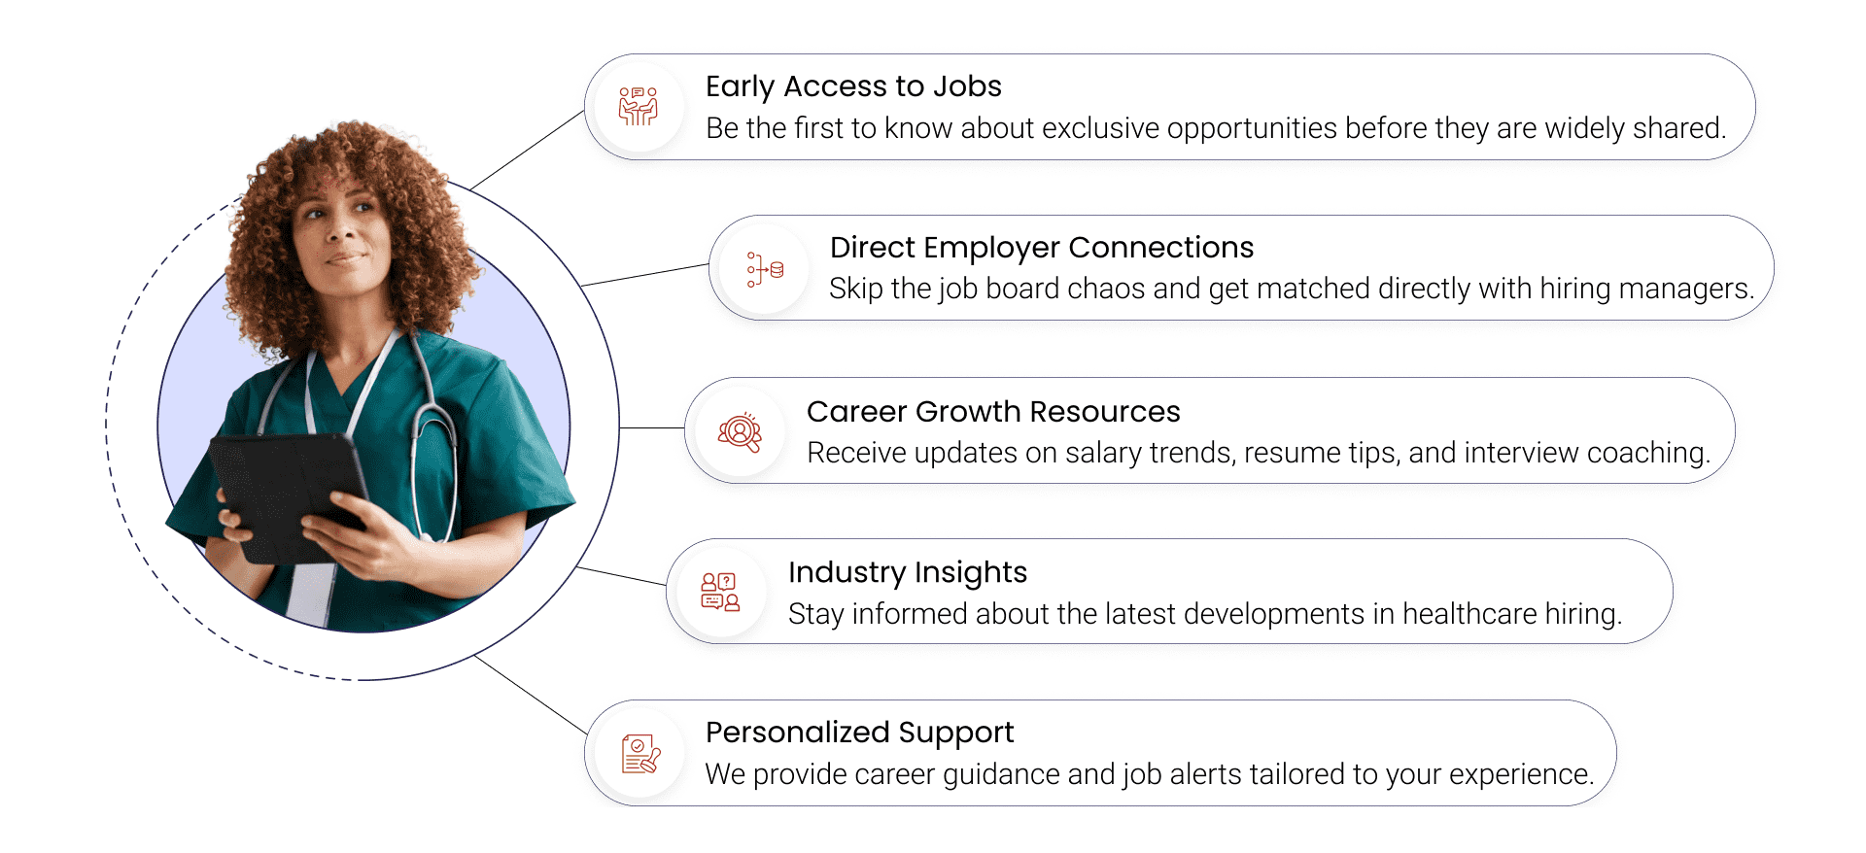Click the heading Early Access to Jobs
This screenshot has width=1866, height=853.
click(853, 87)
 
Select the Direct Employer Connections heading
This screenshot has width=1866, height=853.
click(1042, 248)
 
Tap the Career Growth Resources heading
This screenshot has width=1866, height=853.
click(993, 412)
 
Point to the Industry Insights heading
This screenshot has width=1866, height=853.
click(908, 573)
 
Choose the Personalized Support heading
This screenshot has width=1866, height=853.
click(860, 733)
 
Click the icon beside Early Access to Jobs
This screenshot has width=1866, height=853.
click(639, 106)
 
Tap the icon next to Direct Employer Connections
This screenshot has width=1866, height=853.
click(765, 269)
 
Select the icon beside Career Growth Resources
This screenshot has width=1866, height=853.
click(740, 431)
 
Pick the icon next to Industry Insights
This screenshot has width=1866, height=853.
click(720, 592)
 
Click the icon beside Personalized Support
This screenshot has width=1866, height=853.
click(640, 754)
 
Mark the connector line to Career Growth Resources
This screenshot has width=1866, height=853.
click(652, 427)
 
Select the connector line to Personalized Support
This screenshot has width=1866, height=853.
click(531, 695)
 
